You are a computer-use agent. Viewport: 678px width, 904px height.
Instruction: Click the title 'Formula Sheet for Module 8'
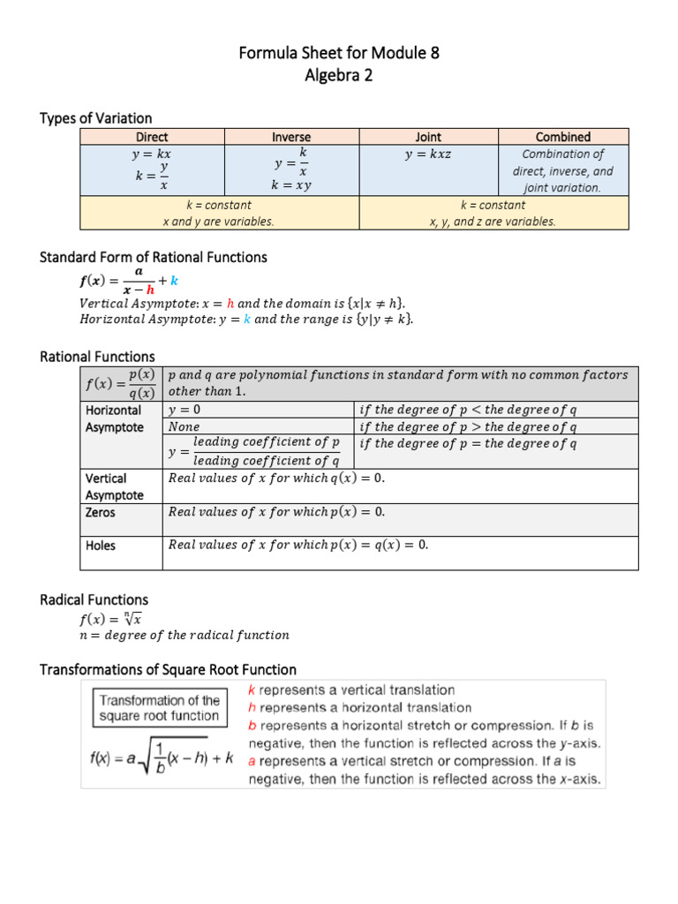point(339,53)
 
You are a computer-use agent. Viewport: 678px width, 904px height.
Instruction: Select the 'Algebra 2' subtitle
point(339,76)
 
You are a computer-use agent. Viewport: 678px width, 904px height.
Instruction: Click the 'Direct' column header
point(152,137)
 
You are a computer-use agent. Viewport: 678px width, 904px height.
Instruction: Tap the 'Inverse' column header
point(291,137)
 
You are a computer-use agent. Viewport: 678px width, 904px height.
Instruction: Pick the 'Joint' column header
point(428,137)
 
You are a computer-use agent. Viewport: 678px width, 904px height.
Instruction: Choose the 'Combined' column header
point(563,137)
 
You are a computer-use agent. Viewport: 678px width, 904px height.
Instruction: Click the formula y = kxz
point(428,154)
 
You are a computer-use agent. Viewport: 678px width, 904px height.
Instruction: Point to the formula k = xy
point(291,186)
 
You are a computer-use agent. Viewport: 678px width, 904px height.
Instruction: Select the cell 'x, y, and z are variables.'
point(493,222)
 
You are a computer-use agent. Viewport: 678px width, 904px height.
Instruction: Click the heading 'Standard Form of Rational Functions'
point(154,257)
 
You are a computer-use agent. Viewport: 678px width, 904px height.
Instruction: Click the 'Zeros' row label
point(101,512)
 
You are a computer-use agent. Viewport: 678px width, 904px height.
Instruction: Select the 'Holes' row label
point(101,546)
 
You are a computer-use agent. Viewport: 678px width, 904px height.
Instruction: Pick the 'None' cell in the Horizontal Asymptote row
point(184,426)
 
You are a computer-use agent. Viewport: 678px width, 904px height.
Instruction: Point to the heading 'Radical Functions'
point(94,599)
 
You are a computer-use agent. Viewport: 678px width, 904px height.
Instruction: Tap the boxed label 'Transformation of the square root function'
point(159,708)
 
